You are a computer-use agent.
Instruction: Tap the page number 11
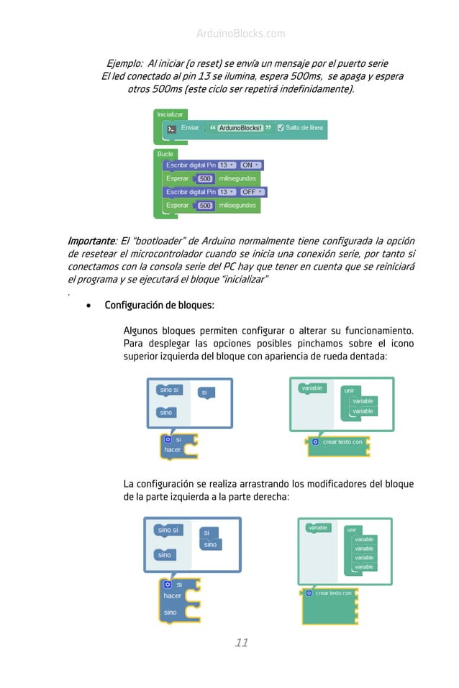pyautogui.click(x=242, y=643)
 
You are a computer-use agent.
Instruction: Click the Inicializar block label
pyautogui.click(x=170, y=114)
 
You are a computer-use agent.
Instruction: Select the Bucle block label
pyautogui.click(x=165, y=154)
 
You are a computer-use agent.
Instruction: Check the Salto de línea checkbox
pyautogui.click(x=281, y=128)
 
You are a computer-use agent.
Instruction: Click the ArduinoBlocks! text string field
pyautogui.click(x=240, y=128)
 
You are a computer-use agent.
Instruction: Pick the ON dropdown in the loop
pyautogui.click(x=250, y=165)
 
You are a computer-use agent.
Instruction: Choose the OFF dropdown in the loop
pyautogui.click(x=252, y=192)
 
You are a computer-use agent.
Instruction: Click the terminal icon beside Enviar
pyautogui.click(x=171, y=129)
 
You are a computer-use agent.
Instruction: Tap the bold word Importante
pyautogui.click(x=91, y=240)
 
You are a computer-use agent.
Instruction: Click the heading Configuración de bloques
pyautogui.click(x=159, y=306)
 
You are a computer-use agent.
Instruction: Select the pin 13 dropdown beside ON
pyautogui.click(x=227, y=165)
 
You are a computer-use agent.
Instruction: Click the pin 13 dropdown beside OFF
pyautogui.click(x=227, y=192)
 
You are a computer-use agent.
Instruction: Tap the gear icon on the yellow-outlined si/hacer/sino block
pyautogui.click(x=167, y=584)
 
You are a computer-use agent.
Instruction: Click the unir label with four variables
pyautogui.click(x=352, y=530)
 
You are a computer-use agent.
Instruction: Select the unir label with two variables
pyautogui.click(x=350, y=390)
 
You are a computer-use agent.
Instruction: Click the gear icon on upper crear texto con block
pyautogui.click(x=314, y=441)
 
